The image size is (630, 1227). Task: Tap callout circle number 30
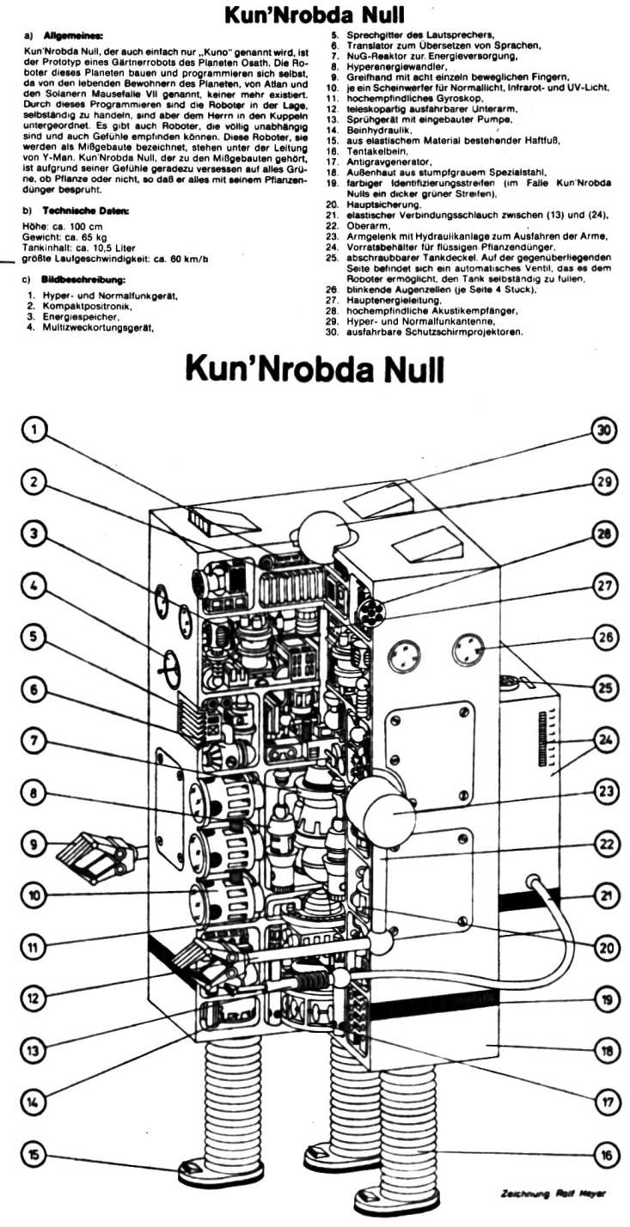point(605,431)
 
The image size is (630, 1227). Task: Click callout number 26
point(606,637)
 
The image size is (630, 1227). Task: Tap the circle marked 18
point(606,1051)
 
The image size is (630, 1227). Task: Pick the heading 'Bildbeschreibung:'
point(80,280)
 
